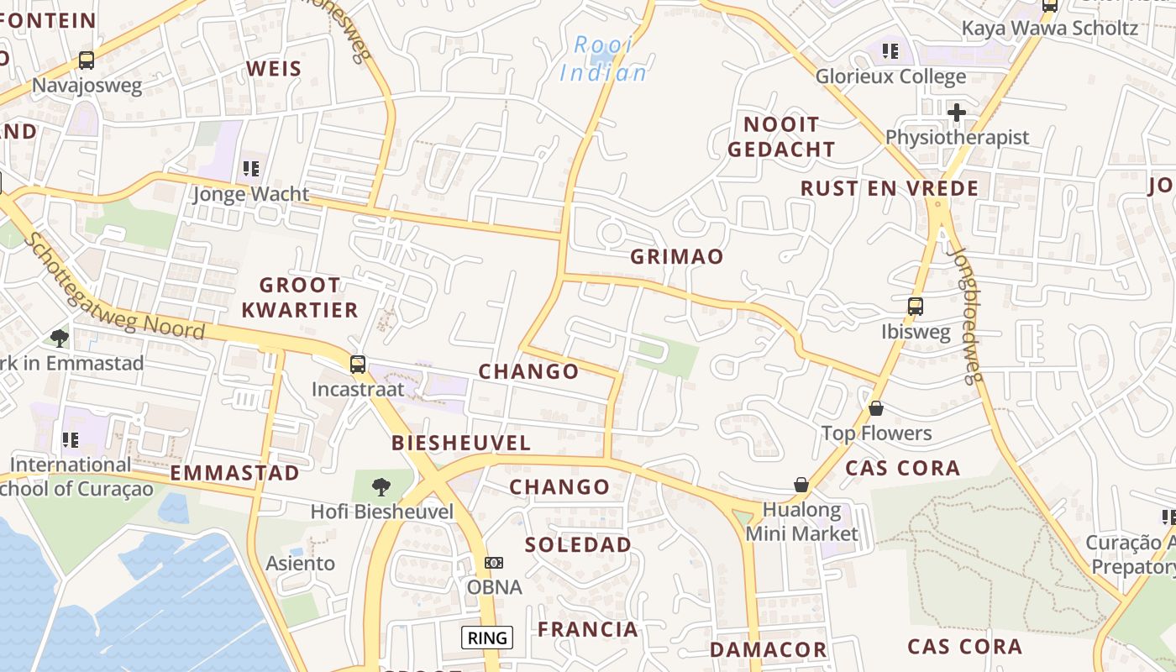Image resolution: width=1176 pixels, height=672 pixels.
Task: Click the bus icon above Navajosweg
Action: [87, 60]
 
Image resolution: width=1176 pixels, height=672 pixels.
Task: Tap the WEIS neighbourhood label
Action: [274, 69]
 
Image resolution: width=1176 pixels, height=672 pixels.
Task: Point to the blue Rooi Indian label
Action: [604, 59]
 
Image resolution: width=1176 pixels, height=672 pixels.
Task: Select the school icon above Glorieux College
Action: [890, 51]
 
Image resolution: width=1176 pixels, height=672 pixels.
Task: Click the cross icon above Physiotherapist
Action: [956, 112]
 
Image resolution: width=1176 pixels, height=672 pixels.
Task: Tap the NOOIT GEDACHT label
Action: [781, 137]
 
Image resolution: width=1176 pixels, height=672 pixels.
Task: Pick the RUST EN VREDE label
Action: [890, 188]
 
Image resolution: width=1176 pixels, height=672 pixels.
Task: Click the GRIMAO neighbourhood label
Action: [677, 257]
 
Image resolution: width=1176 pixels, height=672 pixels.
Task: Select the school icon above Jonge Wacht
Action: [250, 169]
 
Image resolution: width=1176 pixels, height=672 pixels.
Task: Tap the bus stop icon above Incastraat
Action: [358, 364]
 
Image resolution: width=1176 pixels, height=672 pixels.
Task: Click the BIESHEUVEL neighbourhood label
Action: [461, 443]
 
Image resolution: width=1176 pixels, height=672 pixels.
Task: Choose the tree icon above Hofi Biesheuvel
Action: [381, 486]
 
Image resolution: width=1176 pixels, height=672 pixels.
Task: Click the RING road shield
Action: [487, 638]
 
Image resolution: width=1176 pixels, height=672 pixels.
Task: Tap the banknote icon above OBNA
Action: [494, 562]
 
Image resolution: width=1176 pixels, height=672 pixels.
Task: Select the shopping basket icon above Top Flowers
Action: [876, 408]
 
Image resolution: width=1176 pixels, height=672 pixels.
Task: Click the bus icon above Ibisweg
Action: [916, 307]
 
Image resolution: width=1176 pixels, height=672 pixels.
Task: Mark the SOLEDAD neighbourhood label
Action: [578, 544]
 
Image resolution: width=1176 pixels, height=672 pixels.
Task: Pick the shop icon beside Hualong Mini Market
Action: [801, 485]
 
